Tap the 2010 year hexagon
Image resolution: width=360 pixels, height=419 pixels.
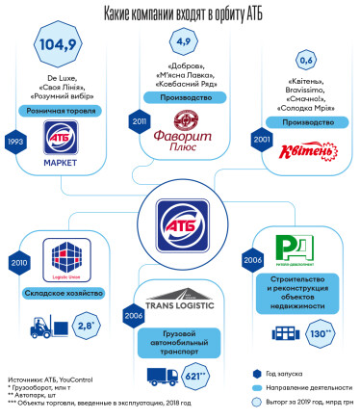tap(16, 261)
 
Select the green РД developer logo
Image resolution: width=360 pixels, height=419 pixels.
tap(290, 246)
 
